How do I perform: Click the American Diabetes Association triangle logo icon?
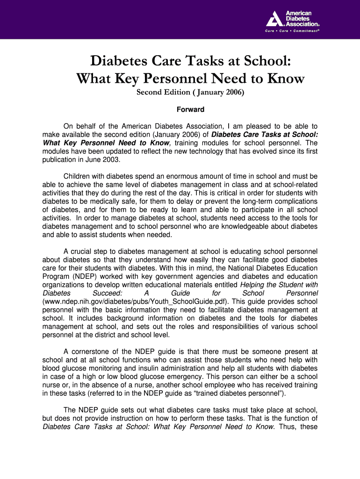pos(275,19)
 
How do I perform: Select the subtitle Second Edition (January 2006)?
pos(190,92)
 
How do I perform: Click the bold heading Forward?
pos(190,109)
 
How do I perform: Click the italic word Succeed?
pos(108,293)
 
